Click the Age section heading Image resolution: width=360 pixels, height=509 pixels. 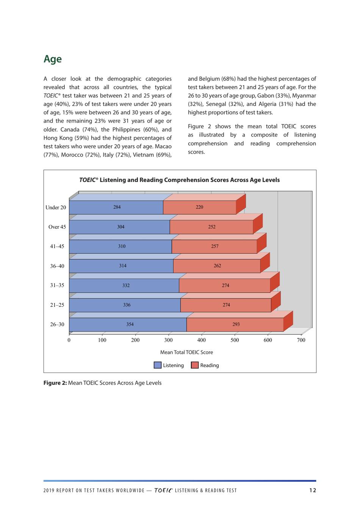52,59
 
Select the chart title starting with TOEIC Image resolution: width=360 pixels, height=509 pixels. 179,180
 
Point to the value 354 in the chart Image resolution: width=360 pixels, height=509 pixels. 130,325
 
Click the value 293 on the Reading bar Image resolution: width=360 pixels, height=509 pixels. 236,325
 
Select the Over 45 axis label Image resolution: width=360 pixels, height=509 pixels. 57,227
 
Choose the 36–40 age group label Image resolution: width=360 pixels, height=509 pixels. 57,266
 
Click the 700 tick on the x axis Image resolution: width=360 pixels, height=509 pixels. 301,340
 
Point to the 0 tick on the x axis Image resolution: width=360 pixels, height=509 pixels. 69,340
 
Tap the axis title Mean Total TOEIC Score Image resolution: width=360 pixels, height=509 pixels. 186,352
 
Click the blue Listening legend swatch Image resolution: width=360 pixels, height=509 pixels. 158,365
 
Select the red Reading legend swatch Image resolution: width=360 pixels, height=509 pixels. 195,365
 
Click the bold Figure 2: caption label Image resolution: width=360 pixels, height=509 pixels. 55,383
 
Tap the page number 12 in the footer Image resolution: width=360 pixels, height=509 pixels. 313,490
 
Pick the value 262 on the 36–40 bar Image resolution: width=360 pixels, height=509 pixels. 217,266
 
